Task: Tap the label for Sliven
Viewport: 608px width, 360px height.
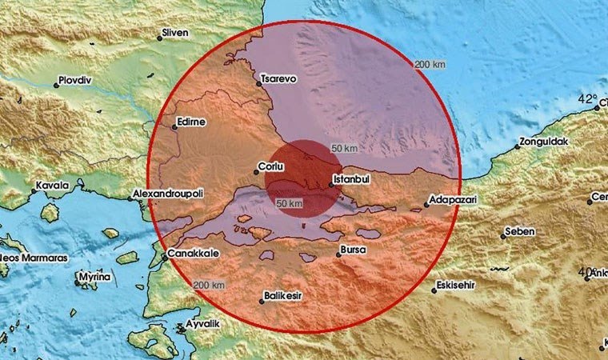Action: pos(174,32)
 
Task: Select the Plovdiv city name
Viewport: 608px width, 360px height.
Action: pos(77,81)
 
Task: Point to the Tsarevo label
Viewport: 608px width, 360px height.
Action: pos(279,80)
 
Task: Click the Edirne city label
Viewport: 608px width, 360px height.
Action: pos(193,122)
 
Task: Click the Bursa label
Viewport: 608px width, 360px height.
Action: pos(353,250)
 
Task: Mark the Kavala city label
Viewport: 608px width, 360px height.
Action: pos(50,185)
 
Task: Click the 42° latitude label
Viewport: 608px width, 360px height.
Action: pos(588,100)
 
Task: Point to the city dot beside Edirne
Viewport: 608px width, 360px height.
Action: pos(174,126)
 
